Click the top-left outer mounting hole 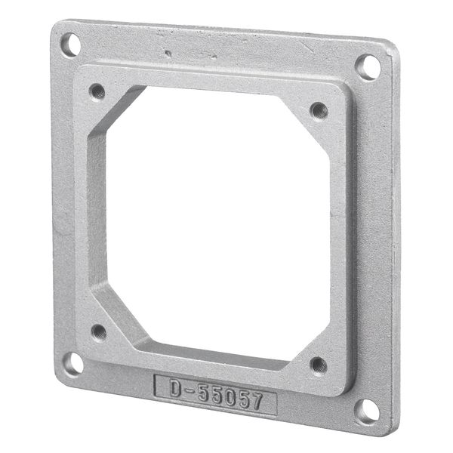(70, 45)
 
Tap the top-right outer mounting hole (367, 66)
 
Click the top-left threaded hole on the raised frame (97, 91)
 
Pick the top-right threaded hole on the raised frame (319, 109)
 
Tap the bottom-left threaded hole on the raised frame (98, 331)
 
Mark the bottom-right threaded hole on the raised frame (318, 365)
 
